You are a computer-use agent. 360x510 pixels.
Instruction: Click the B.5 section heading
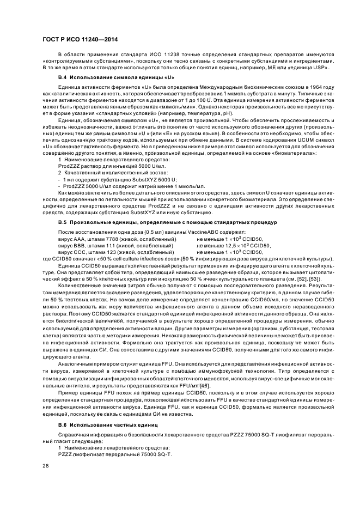(168, 223)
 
